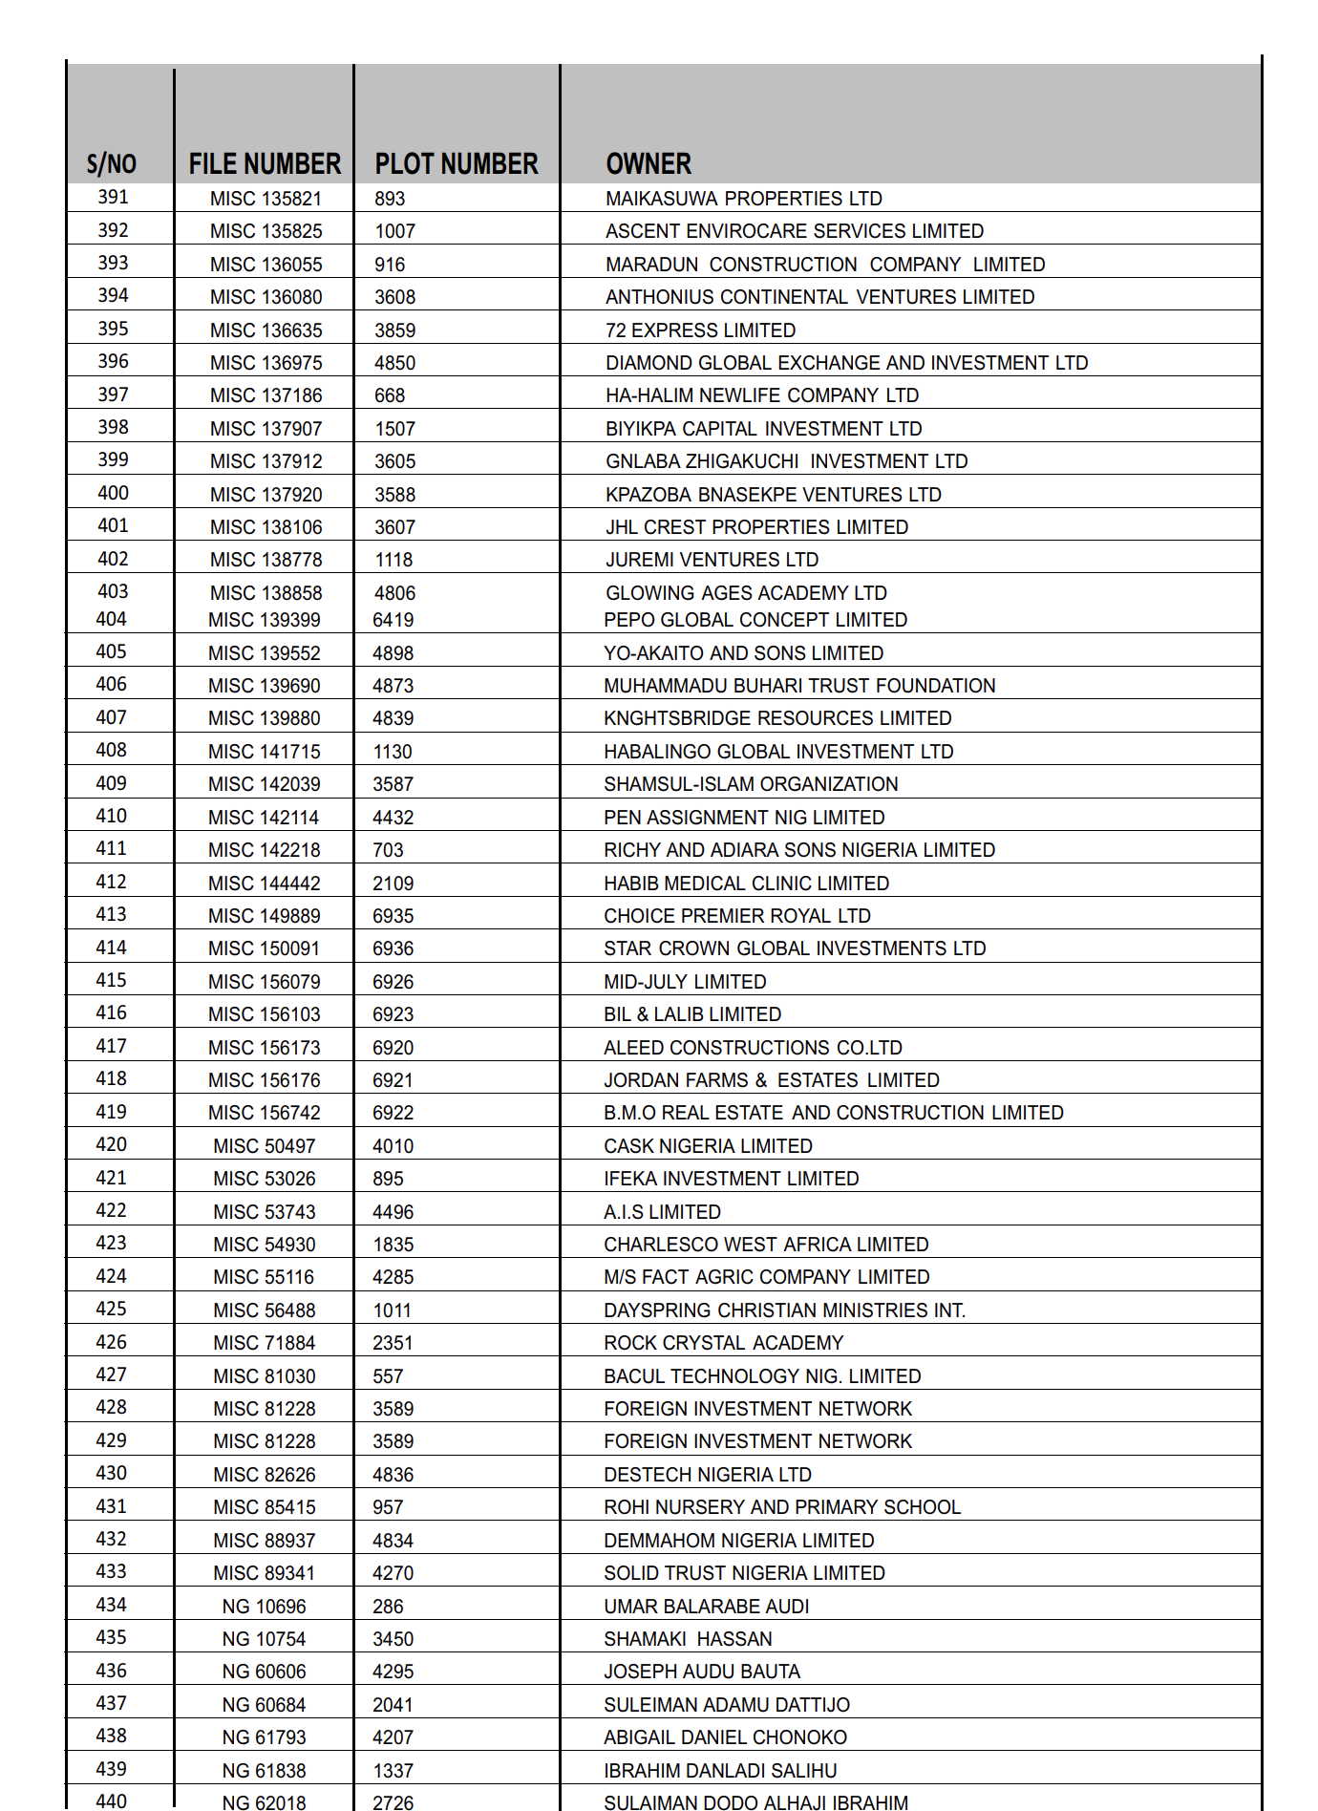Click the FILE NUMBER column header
pos(265,164)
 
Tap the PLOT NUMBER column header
pos(457,164)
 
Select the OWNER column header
pos(648,164)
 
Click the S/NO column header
pos(112,164)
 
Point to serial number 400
pos(113,493)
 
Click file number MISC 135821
pos(266,199)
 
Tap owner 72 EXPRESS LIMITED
pos(700,330)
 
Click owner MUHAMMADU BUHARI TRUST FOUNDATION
pos(799,686)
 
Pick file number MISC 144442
pos(264,884)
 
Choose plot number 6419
pos(393,620)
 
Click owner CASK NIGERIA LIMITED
pos(708,1146)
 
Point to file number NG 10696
pos(264,1607)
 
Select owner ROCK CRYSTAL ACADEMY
pos(723,1343)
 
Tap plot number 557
pos(388,1376)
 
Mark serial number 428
pos(111,1407)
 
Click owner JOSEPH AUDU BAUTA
pos(702,1672)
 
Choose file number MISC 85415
pos(264,1507)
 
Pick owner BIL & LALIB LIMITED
pos(692,1014)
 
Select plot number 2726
pos(393,1802)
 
